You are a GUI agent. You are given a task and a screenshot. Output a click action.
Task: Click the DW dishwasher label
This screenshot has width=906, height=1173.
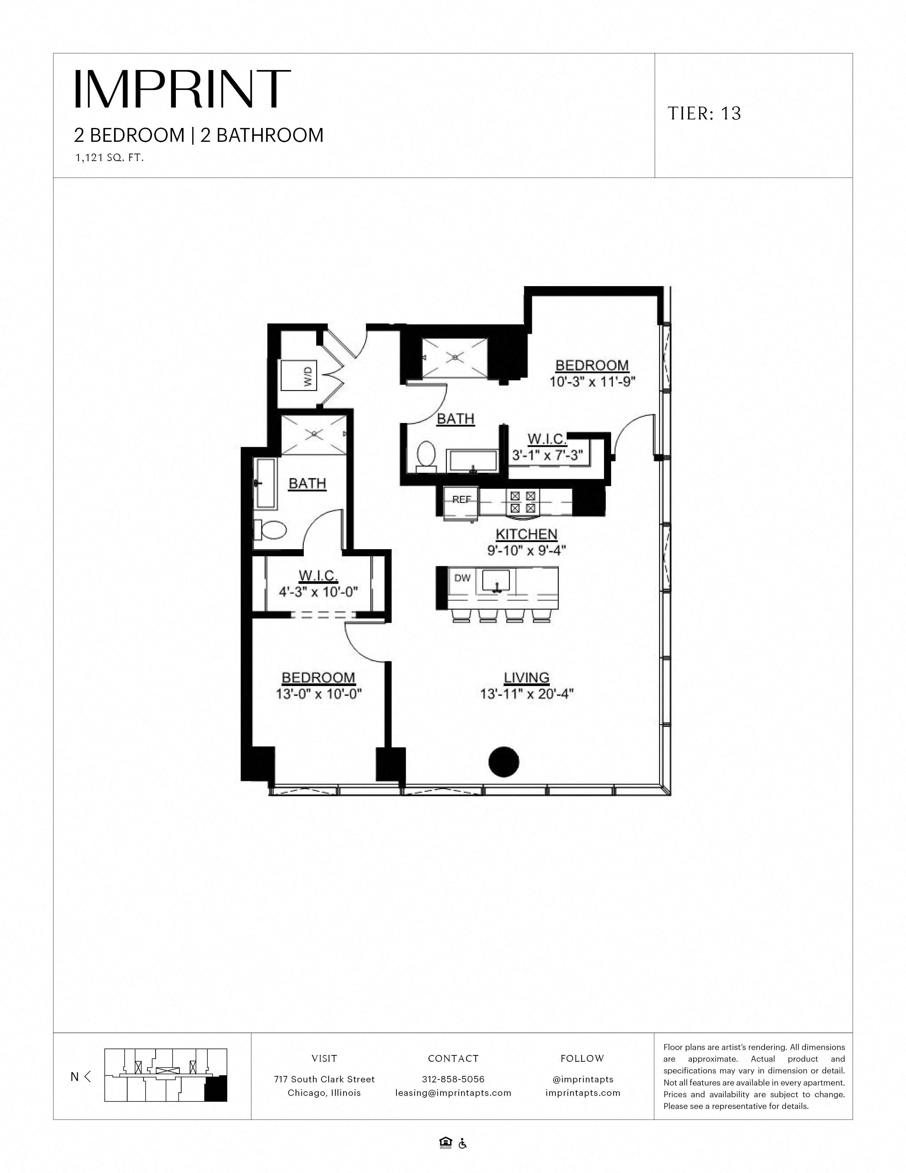click(462, 578)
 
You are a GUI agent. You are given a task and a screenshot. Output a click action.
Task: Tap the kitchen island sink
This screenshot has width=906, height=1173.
click(496, 581)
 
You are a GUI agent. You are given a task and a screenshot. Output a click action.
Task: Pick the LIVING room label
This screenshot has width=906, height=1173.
click(527, 678)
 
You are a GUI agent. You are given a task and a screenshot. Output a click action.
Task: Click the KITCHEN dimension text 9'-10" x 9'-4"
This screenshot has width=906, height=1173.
click(527, 550)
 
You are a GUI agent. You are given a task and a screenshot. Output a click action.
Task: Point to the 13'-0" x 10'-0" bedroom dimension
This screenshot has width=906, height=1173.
click(319, 694)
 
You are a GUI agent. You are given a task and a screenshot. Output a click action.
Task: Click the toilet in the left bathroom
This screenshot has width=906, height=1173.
click(270, 530)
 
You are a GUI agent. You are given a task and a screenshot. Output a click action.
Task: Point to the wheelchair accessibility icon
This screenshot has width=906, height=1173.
click(463, 1144)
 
